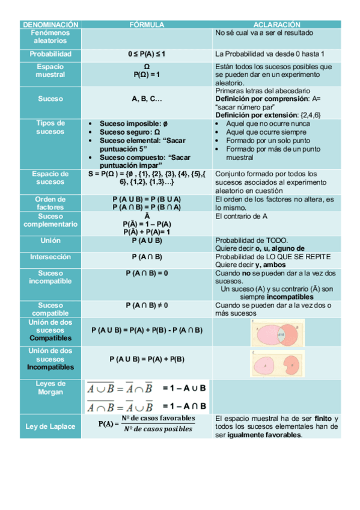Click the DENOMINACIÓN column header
tap(50, 25)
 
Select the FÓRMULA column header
tap(147, 25)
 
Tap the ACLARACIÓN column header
tap(276, 25)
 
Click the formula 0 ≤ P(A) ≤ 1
tap(147, 54)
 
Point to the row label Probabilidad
tap(50, 54)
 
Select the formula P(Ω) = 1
tap(147, 75)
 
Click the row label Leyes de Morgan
tap(50, 388)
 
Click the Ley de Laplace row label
tap(50, 426)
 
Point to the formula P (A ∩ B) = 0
tap(147, 273)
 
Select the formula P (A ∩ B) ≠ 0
tap(147, 306)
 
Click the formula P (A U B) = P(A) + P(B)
tap(147, 359)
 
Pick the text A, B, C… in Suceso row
tap(147, 98)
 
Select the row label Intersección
tap(50, 257)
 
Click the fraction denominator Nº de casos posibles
tap(158, 429)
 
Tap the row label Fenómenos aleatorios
tap(50, 37)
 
